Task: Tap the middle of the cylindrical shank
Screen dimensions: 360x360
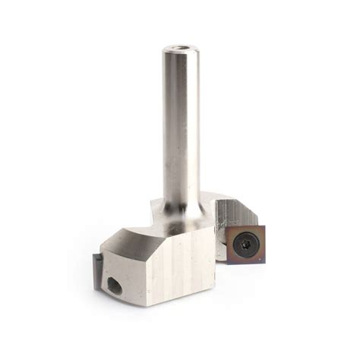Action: tap(181, 129)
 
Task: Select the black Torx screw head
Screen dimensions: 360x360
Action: tap(242, 243)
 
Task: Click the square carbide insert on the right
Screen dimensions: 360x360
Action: tap(242, 243)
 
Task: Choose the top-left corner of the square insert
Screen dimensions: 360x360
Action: tap(226, 226)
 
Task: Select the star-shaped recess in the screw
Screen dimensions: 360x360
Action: tap(242, 243)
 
